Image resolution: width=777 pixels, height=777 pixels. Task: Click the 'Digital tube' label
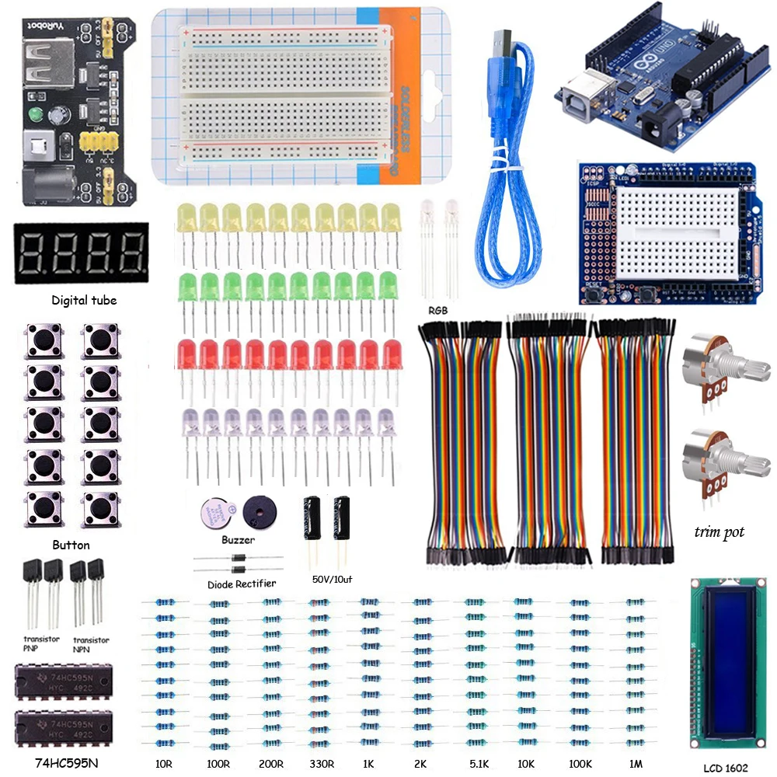(84, 300)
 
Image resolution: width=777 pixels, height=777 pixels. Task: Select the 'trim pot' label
(720, 532)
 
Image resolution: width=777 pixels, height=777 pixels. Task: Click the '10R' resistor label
(164, 764)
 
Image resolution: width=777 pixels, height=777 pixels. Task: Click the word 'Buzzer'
(237, 538)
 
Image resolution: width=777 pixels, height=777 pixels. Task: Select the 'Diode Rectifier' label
(242, 584)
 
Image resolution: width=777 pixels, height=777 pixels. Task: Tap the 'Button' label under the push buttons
(71, 545)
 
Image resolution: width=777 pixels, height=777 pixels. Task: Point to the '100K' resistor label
(581, 764)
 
